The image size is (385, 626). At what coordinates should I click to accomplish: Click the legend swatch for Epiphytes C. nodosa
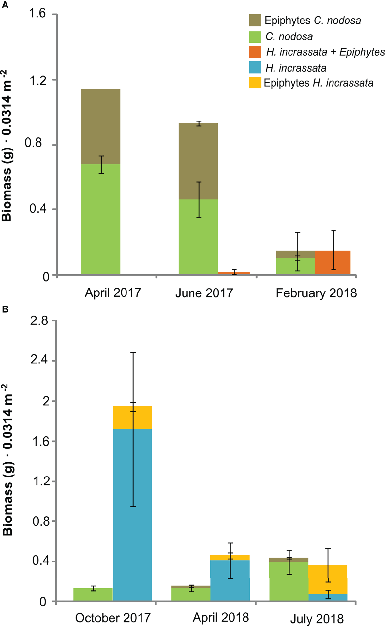pyautogui.click(x=255, y=20)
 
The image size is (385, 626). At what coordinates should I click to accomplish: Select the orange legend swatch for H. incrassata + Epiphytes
pyautogui.click(x=255, y=52)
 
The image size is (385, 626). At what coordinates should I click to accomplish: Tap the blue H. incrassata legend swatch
pyautogui.click(x=255, y=68)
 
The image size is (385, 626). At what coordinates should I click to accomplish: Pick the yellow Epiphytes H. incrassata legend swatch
pyautogui.click(x=255, y=83)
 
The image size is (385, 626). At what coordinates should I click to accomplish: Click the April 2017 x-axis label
pyautogui.click(x=113, y=292)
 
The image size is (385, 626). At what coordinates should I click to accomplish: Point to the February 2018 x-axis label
pyautogui.click(x=316, y=293)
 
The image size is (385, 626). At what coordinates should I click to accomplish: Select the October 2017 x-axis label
pyautogui.click(x=113, y=618)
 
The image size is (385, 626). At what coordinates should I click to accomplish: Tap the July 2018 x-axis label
pyautogui.click(x=317, y=619)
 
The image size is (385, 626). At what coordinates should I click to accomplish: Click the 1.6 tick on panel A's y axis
pyautogui.click(x=37, y=14)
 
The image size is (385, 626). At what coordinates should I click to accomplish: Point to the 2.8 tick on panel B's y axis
pyautogui.click(x=39, y=321)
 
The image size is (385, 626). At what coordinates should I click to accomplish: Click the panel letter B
pyautogui.click(x=5, y=309)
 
